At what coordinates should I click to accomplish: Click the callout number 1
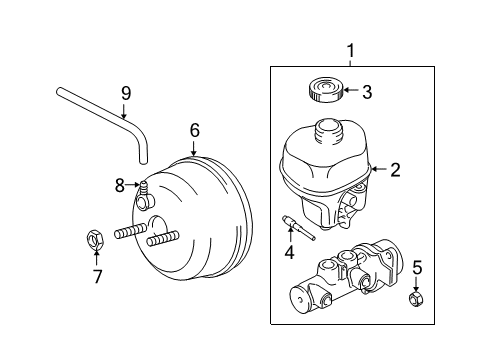pos(350,51)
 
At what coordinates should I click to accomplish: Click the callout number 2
pos(394,171)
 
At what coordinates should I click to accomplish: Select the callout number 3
pos(366,94)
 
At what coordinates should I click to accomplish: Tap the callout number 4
pos(290,253)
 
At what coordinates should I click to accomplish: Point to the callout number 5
pos(417,267)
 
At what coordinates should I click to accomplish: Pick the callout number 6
pos(195,130)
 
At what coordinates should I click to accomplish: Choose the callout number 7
pos(97,276)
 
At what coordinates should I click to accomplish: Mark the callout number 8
pos(119,184)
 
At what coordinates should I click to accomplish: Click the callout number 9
pos(126,94)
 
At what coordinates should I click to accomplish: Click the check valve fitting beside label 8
pos(143,185)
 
